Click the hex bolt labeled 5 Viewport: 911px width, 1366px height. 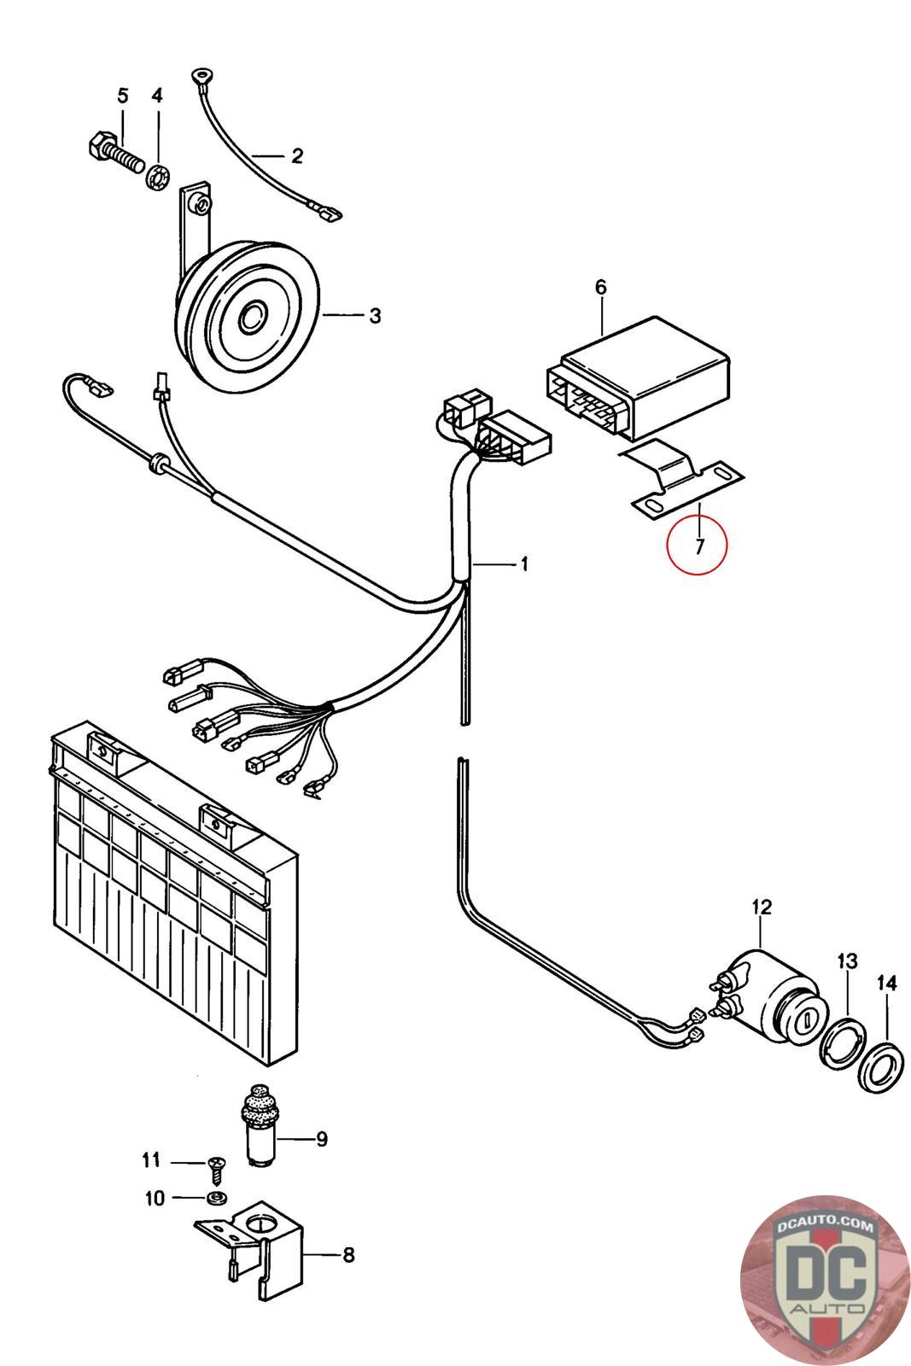pos(114,152)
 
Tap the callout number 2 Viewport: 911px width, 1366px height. pos(297,156)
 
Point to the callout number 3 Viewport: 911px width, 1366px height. pos(375,316)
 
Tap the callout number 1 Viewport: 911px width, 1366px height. pos(524,564)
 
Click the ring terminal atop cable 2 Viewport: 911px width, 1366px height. pos(200,76)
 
